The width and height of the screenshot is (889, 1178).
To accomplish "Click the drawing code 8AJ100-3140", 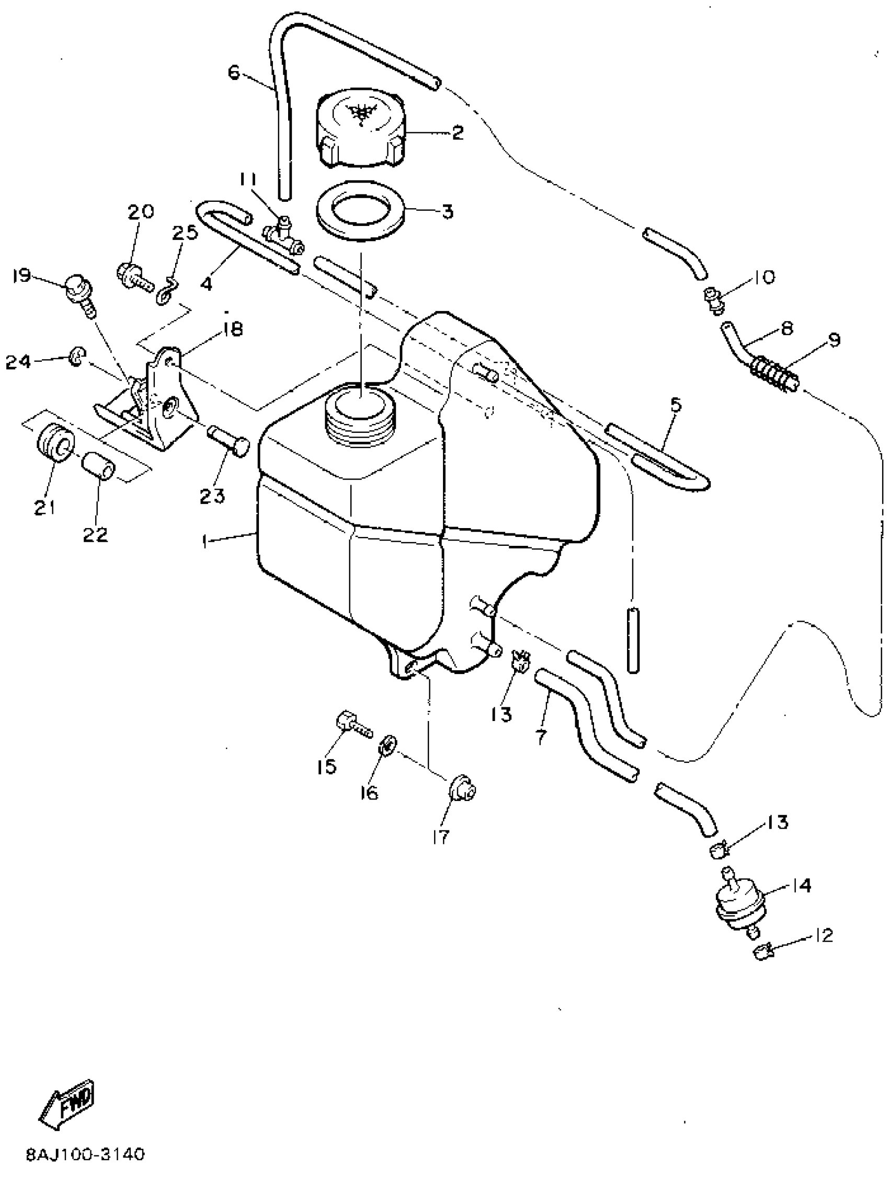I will point(85,1154).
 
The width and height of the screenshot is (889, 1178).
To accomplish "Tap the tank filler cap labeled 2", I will point(363,130).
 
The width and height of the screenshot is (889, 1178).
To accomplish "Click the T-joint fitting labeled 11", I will point(283,234).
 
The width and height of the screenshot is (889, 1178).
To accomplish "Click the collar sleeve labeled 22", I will point(98,465).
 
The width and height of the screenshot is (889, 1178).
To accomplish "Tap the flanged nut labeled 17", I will point(462,788).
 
